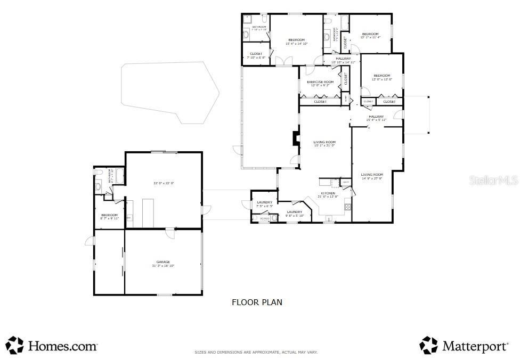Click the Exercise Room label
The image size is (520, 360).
320,82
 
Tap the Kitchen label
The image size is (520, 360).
328,193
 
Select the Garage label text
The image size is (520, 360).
163,262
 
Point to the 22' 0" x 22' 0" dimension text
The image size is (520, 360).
164,183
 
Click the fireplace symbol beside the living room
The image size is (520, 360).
295,138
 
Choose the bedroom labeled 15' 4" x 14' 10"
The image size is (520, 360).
296,40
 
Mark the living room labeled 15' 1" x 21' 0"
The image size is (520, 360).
324,142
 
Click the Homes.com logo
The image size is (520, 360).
52,346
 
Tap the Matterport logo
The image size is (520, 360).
464,346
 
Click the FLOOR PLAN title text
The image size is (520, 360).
257,302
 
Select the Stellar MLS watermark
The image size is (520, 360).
493,181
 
